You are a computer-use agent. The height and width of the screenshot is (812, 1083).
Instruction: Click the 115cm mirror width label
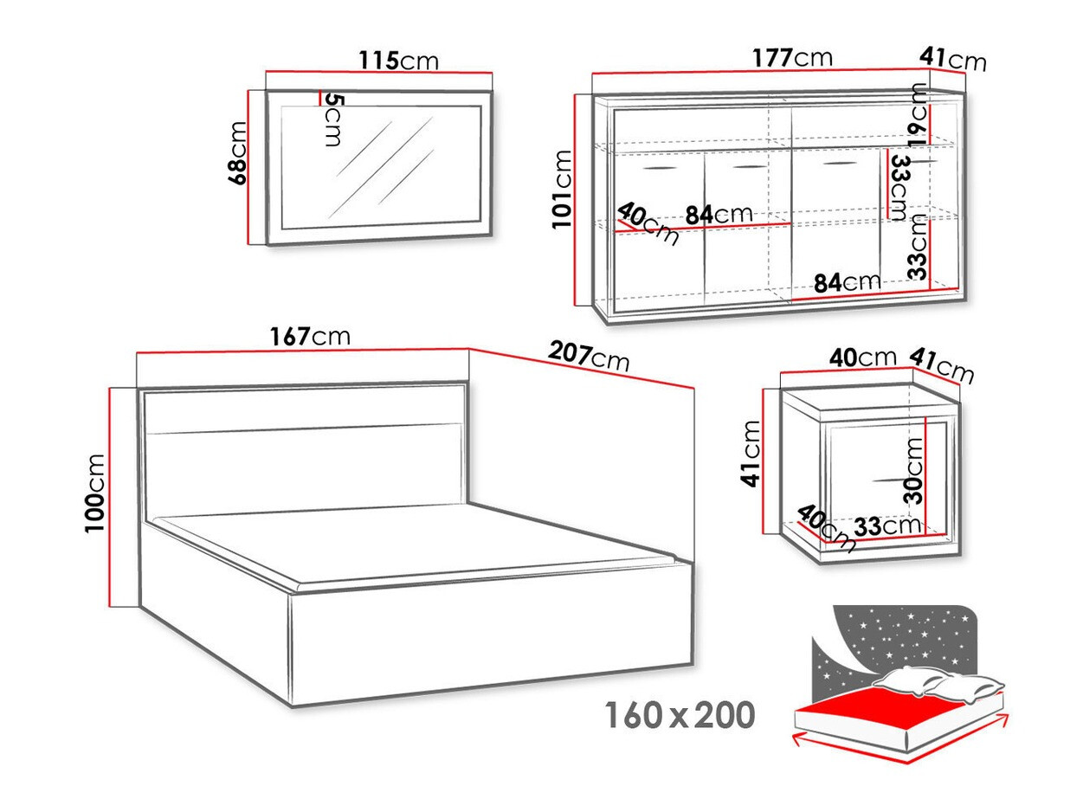point(398,61)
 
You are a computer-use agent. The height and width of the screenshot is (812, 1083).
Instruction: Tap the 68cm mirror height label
point(237,152)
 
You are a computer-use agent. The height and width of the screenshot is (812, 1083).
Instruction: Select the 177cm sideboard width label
point(793,58)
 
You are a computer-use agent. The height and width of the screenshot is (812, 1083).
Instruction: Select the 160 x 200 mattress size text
point(680,716)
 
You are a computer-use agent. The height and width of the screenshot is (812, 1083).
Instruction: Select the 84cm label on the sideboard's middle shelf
point(719,214)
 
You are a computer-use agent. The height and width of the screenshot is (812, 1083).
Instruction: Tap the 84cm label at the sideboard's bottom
point(847,281)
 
